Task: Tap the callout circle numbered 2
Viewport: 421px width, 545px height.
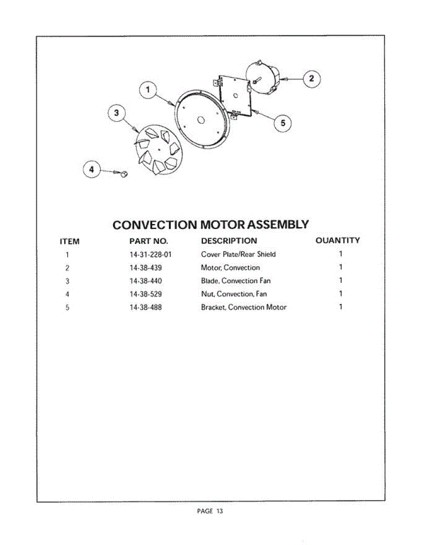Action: [311, 79]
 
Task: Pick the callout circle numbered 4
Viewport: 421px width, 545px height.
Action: [92, 169]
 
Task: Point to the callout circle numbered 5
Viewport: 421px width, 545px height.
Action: [283, 123]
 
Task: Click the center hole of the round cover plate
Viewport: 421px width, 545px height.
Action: [201, 120]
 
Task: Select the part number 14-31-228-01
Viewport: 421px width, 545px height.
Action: [151, 254]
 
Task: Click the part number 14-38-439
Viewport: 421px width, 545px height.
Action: [145, 268]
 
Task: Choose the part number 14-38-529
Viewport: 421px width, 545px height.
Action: [145, 294]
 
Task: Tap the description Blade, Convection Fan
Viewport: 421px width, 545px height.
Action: [236, 281]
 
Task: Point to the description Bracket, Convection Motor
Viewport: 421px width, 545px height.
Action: [244, 307]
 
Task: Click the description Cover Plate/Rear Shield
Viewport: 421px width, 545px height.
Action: [238, 254]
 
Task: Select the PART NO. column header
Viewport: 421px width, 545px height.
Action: [149, 241]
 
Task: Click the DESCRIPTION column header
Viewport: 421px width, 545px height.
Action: [229, 241]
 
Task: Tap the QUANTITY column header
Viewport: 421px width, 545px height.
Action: [338, 240]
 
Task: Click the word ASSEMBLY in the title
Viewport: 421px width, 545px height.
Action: [274, 224]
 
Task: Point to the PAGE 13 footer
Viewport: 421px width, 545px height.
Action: [210, 511]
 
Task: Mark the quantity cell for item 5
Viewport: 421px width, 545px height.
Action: [341, 307]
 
